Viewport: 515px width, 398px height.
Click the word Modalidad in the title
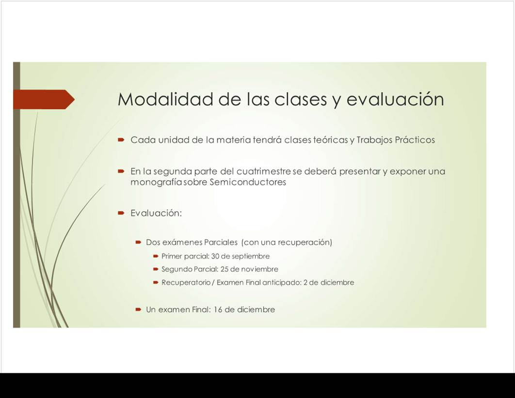click(165, 99)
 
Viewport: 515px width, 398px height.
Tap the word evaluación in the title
click(395, 99)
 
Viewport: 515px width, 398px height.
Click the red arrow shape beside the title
click(44, 99)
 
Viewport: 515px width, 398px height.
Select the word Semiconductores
click(248, 182)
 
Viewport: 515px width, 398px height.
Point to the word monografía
click(156, 182)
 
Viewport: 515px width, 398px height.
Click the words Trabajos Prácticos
click(395, 140)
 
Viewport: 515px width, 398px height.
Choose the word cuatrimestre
click(264, 171)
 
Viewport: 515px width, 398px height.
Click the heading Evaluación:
click(156, 213)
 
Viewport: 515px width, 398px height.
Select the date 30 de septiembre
click(240, 256)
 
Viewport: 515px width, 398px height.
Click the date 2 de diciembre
click(329, 282)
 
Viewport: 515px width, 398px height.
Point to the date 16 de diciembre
click(244, 309)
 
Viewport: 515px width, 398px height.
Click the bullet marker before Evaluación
click(121, 213)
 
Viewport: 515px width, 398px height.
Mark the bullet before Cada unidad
click(121, 140)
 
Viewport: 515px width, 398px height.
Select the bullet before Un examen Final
click(138, 309)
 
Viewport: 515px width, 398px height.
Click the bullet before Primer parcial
click(156, 256)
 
